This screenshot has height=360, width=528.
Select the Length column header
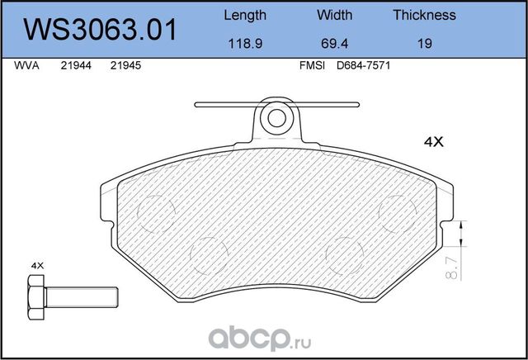tap(245, 15)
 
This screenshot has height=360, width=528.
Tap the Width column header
tap(334, 15)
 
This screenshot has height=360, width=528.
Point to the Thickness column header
tap(424, 15)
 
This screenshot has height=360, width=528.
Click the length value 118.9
tap(245, 44)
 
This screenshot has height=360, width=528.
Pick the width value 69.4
tap(334, 44)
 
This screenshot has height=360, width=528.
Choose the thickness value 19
tap(424, 44)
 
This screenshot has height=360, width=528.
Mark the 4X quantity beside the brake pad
tap(433, 142)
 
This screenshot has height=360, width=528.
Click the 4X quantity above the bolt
tap(36, 265)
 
